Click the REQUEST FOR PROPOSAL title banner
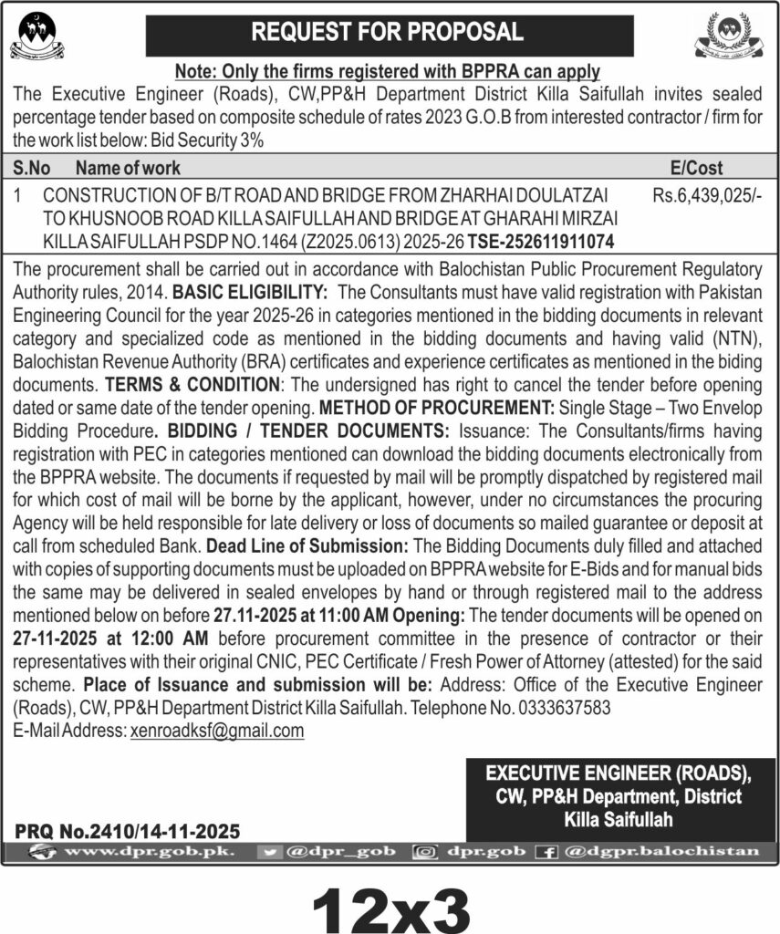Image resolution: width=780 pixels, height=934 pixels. click(x=390, y=34)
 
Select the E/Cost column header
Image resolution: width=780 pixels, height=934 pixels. click(x=696, y=168)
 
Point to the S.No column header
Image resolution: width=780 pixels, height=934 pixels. click(x=32, y=168)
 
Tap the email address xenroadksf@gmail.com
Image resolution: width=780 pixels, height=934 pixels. click(x=217, y=731)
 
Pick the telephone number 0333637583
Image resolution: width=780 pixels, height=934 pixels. click(x=562, y=709)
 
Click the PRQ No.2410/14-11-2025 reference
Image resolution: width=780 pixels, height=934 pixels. click(x=127, y=831)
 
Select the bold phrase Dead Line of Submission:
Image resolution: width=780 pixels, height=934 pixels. click(x=308, y=547)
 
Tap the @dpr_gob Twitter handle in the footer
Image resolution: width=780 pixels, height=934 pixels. click(x=341, y=851)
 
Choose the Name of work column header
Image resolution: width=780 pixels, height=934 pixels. click(x=128, y=168)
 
